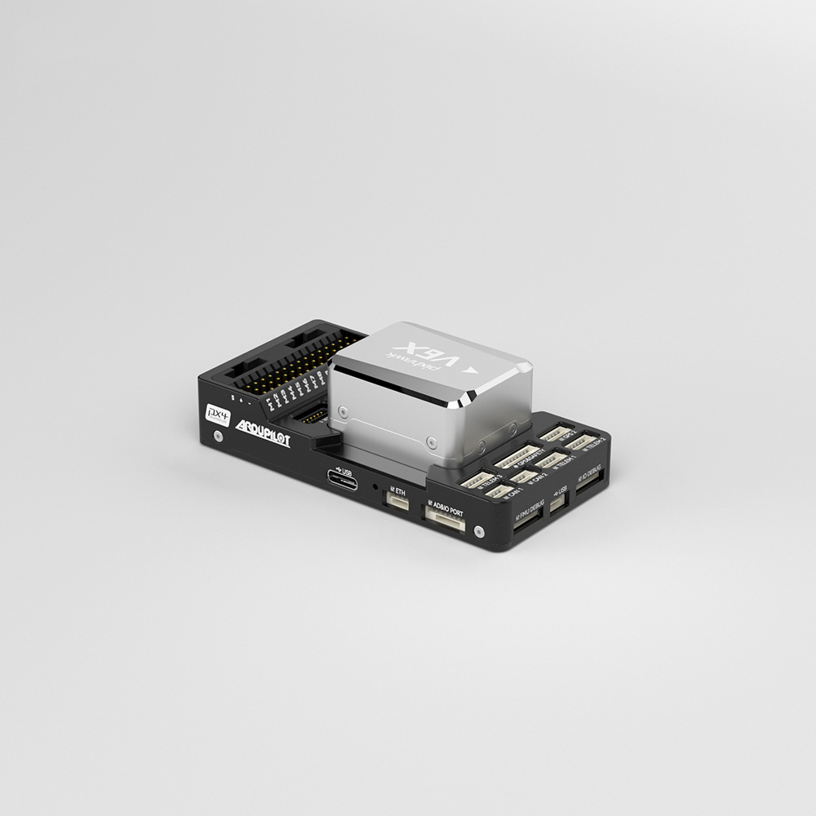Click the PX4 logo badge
[216, 413]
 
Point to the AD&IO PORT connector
[444, 520]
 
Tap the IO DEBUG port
[589, 479]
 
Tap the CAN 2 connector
[523, 476]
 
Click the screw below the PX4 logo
[218, 437]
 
